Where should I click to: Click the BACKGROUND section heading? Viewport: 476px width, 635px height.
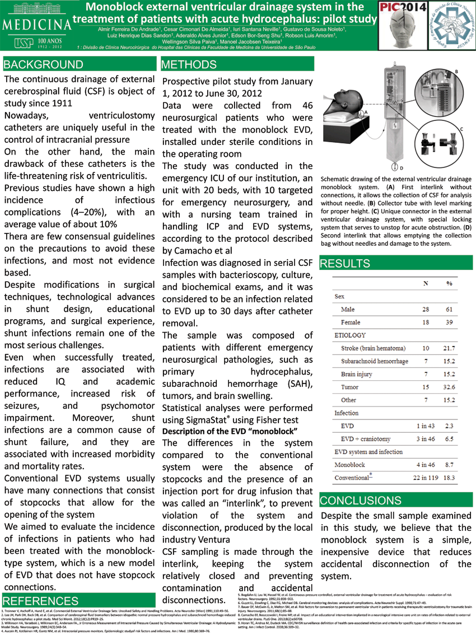point(43,64)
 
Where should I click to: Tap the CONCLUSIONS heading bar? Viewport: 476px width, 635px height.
point(360,500)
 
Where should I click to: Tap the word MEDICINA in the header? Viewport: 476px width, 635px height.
point(36,25)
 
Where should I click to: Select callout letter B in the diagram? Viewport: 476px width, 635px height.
point(456,72)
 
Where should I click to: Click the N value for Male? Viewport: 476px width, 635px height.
point(425,310)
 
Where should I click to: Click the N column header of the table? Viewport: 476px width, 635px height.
point(425,283)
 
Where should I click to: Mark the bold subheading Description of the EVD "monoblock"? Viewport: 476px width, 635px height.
point(229,431)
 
